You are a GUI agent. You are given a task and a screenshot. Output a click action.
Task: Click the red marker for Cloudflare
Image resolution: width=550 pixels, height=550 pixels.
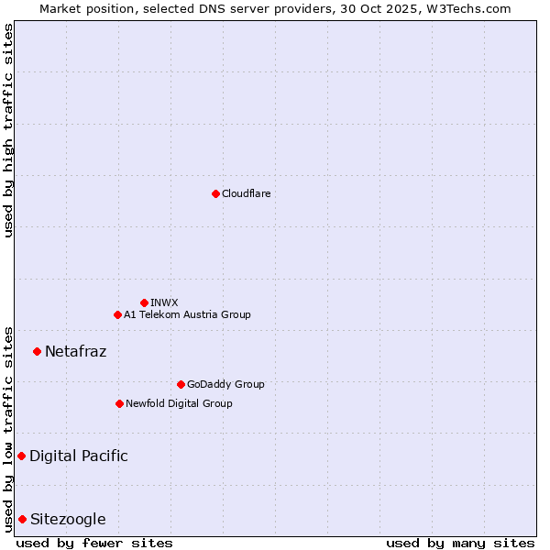pyautogui.click(x=215, y=193)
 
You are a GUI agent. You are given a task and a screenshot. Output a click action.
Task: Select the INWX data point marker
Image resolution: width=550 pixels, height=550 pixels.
pyautogui.click(x=144, y=302)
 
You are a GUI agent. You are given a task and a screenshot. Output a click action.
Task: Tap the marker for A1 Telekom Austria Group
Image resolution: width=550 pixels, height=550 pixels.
pyautogui.click(x=117, y=314)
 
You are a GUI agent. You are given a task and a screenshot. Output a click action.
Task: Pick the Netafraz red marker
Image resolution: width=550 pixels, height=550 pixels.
pyautogui.click(x=37, y=351)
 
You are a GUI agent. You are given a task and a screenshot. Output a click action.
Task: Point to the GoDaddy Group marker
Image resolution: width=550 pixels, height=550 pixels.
pyautogui.click(x=181, y=384)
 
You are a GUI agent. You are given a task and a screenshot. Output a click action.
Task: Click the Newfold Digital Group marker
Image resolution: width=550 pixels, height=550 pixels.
pyautogui.click(x=119, y=403)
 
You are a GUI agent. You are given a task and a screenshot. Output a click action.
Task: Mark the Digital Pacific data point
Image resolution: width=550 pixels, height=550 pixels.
pyautogui.click(x=21, y=456)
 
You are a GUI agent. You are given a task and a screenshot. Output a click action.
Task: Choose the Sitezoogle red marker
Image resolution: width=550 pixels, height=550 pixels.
pyautogui.click(x=22, y=519)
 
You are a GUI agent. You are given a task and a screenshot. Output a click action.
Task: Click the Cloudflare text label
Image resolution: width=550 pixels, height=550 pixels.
pyautogui.click(x=246, y=193)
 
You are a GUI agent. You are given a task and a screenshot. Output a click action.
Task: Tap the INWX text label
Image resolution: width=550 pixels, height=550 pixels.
pyautogui.click(x=164, y=302)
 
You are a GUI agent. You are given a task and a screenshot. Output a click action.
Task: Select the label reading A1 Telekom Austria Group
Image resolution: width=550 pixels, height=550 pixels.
pyautogui.click(x=187, y=314)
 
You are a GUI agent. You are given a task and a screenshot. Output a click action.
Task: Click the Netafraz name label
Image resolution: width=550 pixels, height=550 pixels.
pyautogui.click(x=75, y=351)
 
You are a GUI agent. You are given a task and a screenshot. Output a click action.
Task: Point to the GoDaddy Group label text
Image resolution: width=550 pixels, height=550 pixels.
pyautogui.click(x=225, y=384)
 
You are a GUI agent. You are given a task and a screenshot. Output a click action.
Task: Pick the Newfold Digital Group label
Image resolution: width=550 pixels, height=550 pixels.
pyautogui.click(x=179, y=403)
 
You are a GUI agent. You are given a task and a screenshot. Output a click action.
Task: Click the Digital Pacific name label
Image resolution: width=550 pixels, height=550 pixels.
pyautogui.click(x=78, y=456)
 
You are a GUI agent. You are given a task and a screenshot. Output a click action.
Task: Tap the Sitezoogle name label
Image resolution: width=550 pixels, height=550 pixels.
pyautogui.click(x=68, y=519)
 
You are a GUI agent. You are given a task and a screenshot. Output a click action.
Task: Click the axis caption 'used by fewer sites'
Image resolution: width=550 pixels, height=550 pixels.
pyautogui.click(x=94, y=543)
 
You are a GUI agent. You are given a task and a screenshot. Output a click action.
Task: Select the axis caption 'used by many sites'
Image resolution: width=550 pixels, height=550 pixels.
pyautogui.click(x=460, y=543)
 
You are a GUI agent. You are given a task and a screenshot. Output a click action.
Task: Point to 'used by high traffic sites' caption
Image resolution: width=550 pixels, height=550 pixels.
pyautogui.click(x=8, y=130)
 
